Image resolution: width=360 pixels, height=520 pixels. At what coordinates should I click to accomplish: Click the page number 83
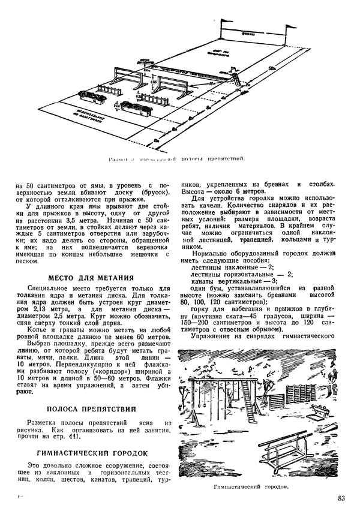click(341, 498)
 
